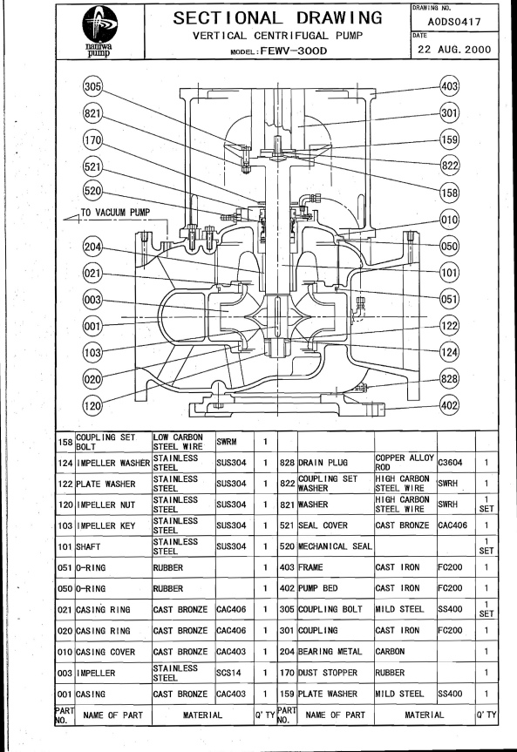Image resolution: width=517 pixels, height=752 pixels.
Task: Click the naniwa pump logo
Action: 100,31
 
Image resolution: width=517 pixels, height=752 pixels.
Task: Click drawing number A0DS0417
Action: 454,22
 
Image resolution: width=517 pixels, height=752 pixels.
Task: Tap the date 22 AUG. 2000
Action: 454,49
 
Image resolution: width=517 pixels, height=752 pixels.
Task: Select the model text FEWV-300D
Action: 293,51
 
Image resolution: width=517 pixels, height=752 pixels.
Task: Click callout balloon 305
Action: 92,86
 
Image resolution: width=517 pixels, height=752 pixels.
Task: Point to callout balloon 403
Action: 449,86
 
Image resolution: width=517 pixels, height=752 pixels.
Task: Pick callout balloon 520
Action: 92,191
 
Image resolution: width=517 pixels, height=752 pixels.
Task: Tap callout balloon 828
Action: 449,379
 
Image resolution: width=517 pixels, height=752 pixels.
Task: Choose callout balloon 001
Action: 92,326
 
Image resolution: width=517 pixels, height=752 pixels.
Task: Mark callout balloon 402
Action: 449,405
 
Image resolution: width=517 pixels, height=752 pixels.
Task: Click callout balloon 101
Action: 449,273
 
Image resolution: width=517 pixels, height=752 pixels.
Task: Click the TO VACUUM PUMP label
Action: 115,212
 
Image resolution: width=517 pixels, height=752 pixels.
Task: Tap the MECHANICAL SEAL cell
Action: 335,546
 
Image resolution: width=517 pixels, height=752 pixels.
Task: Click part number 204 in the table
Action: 287,652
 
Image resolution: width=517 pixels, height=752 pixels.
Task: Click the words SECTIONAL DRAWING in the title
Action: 277,18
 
